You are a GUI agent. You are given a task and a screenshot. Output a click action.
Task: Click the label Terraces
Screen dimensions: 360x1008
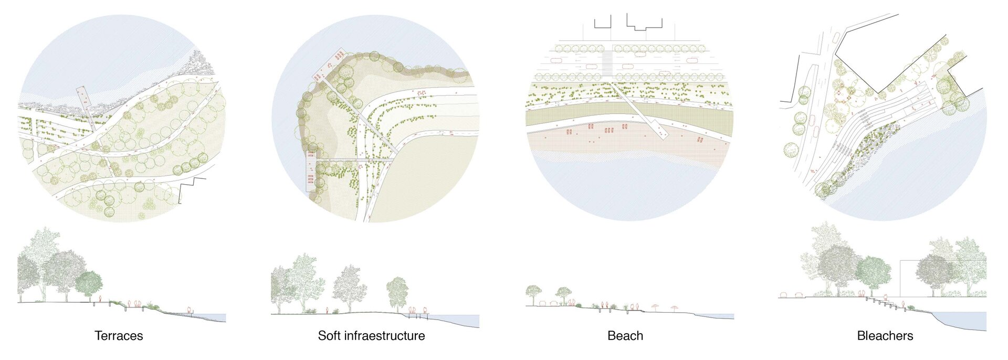[119, 336]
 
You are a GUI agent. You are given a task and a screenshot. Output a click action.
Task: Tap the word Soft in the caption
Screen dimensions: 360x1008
[329, 336]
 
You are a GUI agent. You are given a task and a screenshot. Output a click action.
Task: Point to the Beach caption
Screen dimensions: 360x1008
[625, 336]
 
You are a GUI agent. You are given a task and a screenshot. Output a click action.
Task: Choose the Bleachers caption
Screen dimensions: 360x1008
[885, 336]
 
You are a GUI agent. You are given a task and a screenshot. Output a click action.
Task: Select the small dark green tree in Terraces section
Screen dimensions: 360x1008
[89, 284]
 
